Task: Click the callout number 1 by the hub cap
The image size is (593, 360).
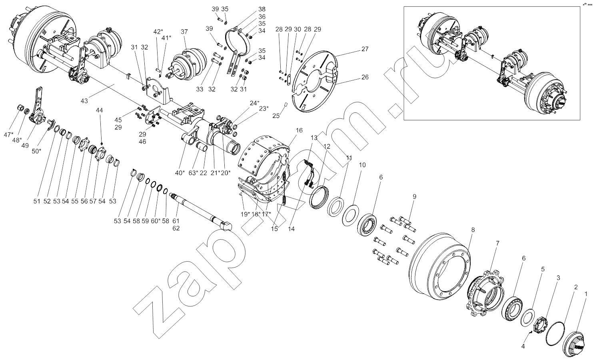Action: (586, 294)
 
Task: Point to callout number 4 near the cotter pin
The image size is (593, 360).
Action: (523, 346)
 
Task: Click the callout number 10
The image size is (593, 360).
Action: (362, 165)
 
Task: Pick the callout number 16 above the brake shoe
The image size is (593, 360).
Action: (299, 130)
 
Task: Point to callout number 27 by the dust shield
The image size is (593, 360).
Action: (365, 49)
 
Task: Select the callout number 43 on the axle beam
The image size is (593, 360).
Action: (84, 101)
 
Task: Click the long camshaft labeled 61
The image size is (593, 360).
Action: (200, 208)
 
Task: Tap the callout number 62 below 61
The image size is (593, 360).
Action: (176, 228)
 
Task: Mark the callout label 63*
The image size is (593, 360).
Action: (193, 173)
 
